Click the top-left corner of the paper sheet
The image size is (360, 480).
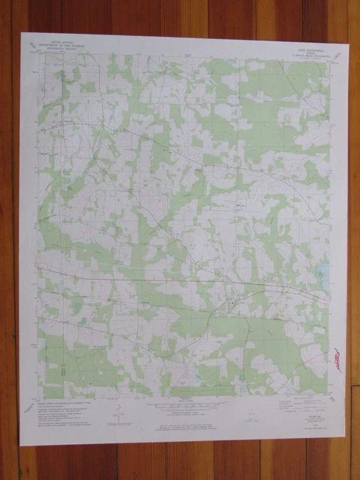point(20,32)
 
